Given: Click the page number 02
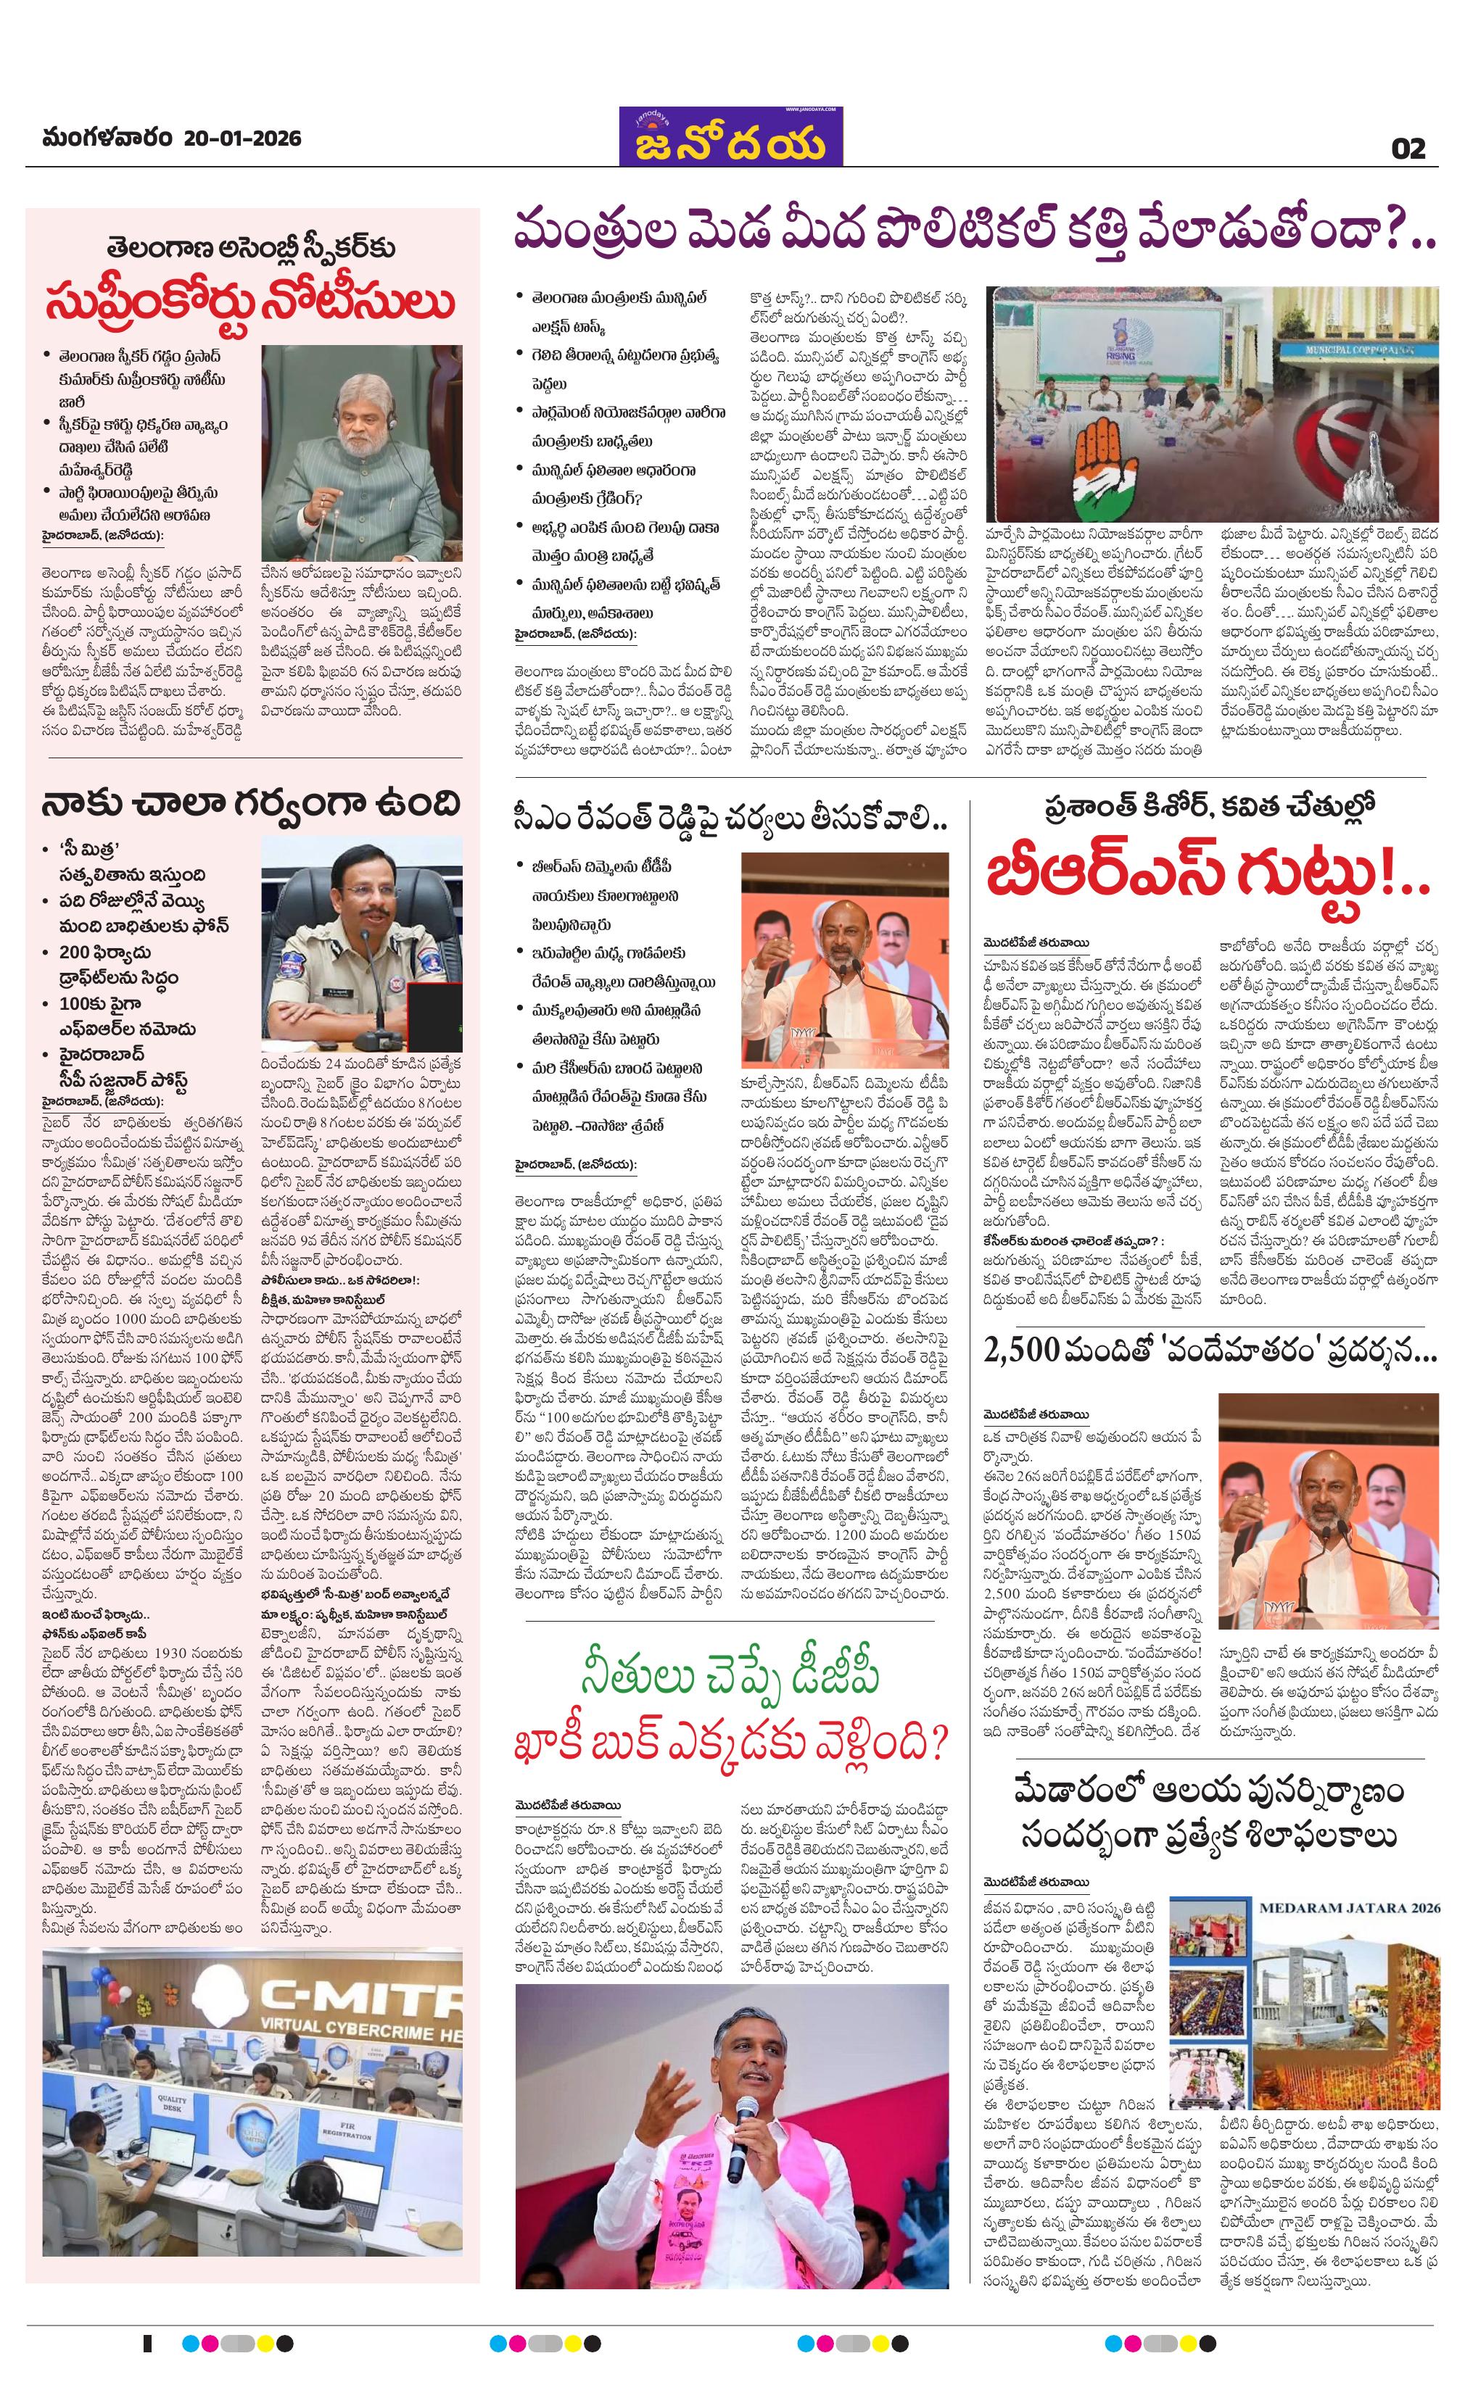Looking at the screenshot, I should point(1408,148).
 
